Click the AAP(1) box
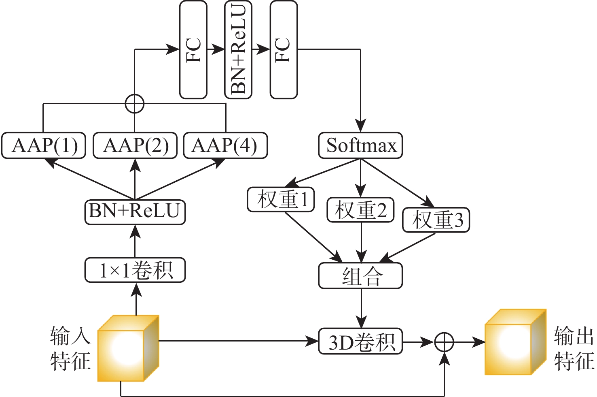(44, 145)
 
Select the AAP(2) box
(135, 145)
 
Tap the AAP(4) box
(225, 145)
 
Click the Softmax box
(360, 145)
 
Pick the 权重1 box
(281, 199)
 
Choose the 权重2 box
(360, 210)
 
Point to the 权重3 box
(436, 220)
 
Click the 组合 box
(360, 276)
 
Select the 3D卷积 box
(360, 342)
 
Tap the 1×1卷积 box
(135, 270)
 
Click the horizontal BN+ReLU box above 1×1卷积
(135, 211)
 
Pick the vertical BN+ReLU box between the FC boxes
(238, 49)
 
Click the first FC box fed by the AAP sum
(193, 49)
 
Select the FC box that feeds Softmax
(284, 49)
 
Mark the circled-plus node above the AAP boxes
(135, 103)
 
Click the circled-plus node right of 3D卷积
(444, 342)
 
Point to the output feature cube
(516, 343)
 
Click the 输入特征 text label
(70, 348)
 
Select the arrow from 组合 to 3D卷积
(361, 308)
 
